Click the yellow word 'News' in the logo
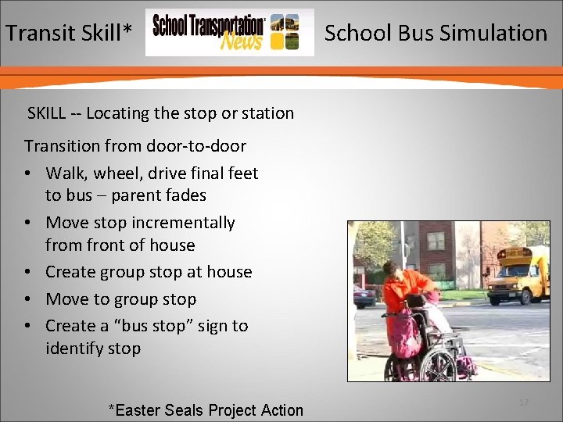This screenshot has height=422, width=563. tap(241, 41)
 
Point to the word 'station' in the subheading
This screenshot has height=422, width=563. tap(267, 113)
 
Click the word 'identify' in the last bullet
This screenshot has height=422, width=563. tap(74, 349)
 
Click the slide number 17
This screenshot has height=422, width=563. tap(524, 402)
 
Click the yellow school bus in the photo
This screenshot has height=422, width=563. tap(518, 275)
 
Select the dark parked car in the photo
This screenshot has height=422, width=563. tap(364, 296)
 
